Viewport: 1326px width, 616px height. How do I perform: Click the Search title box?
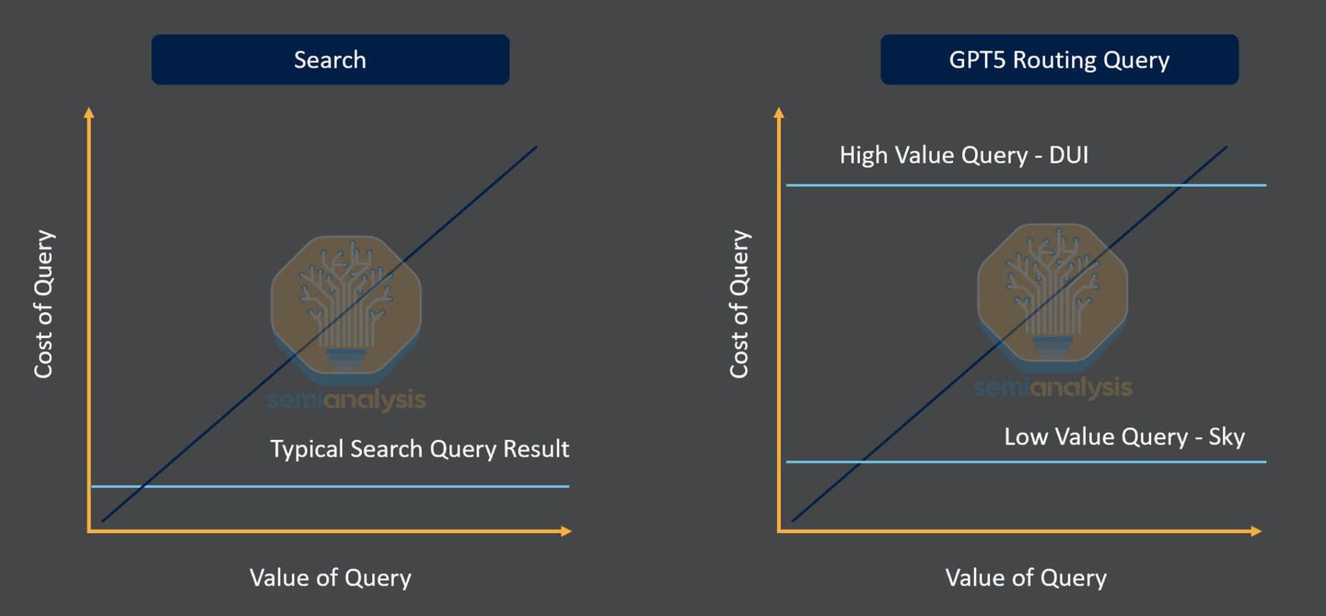[330, 59]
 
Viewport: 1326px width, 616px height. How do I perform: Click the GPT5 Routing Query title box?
[1059, 59]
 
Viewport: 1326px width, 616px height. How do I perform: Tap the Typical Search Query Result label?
[420, 449]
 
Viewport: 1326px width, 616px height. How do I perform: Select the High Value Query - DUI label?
[964, 155]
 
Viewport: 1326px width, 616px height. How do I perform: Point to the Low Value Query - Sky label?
[1124, 436]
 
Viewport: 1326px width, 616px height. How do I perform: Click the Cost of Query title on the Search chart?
[44, 304]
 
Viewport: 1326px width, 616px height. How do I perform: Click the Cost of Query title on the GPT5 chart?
[740, 304]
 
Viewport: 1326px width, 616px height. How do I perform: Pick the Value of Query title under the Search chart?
[330, 577]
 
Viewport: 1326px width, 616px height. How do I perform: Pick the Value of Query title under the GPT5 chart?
[1026, 577]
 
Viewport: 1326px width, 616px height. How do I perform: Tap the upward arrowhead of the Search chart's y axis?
[88, 113]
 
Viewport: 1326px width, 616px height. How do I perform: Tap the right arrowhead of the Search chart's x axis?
[566, 531]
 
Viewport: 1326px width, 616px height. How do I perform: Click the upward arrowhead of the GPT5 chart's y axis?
[779, 113]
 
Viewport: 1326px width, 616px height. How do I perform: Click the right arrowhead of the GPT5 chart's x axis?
[1256, 531]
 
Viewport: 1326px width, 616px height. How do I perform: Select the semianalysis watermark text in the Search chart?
[347, 399]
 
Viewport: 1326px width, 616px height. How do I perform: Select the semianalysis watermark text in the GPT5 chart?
[1053, 387]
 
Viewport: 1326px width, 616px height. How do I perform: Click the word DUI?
[1069, 155]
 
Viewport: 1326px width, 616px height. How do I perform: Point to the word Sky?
[1227, 436]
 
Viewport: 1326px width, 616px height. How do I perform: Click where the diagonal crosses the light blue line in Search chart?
[142, 487]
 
